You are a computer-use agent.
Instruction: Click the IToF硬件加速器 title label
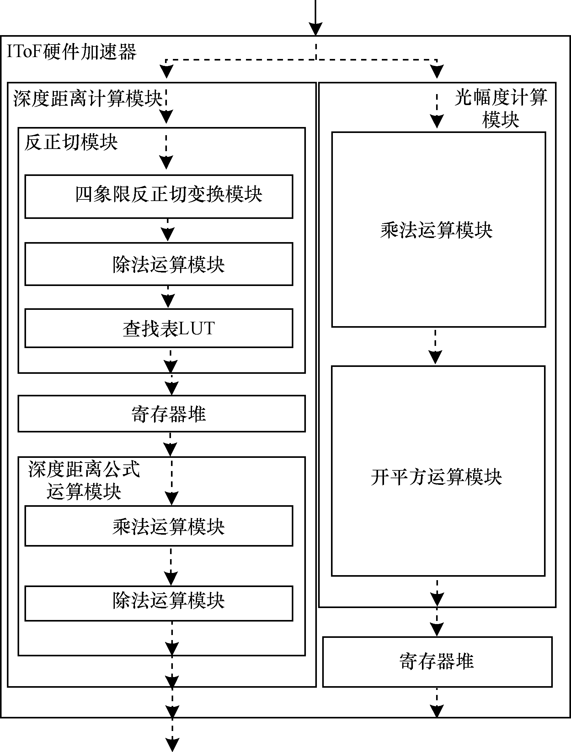click(72, 52)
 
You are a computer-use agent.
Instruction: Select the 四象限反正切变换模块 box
click(159, 197)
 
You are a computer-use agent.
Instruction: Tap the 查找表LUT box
click(159, 328)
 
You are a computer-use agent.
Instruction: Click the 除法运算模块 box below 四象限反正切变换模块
click(159, 264)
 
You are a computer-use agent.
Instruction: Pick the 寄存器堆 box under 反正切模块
click(162, 413)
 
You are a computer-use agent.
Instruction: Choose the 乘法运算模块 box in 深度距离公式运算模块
click(159, 526)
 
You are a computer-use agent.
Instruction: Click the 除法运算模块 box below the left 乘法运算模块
click(159, 603)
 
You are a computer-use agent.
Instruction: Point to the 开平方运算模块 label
click(436, 477)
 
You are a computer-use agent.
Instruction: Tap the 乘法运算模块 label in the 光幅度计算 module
click(436, 230)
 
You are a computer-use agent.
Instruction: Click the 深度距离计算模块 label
click(88, 98)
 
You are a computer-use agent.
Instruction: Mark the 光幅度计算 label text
click(501, 97)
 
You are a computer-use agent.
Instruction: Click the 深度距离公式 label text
click(84, 469)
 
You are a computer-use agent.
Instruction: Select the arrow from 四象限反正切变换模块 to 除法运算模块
click(168, 230)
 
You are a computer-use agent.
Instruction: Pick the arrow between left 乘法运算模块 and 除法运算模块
click(171, 566)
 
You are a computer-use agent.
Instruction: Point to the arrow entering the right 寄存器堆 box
click(437, 622)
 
